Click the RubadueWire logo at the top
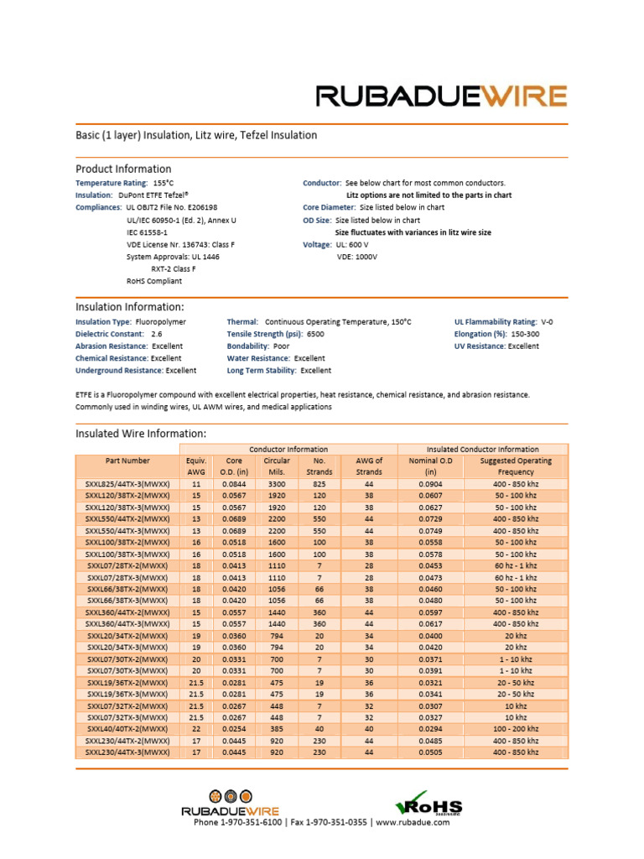coord(441,96)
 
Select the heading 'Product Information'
coord(123,169)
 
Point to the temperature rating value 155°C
coord(163,183)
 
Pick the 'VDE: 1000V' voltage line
coord(357,257)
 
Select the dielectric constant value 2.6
coord(157,334)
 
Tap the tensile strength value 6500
coord(315,334)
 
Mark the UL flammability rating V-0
coord(547,321)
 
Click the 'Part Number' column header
coord(127,461)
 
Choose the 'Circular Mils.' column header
coord(277,466)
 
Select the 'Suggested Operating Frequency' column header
coord(516,466)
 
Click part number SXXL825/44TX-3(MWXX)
coord(127,485)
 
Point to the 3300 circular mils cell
coord(277,485)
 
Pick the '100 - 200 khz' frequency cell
coord(516,730)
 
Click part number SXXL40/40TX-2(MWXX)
coord(127,730)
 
